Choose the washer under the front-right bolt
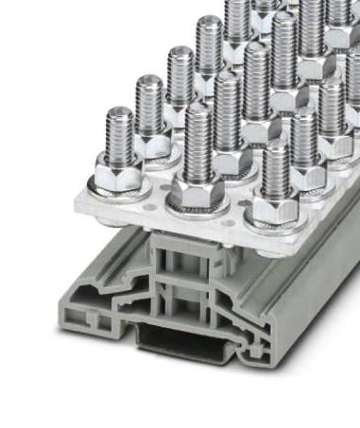click(x=273, y=221)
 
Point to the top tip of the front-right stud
click(x=275, y=148)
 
